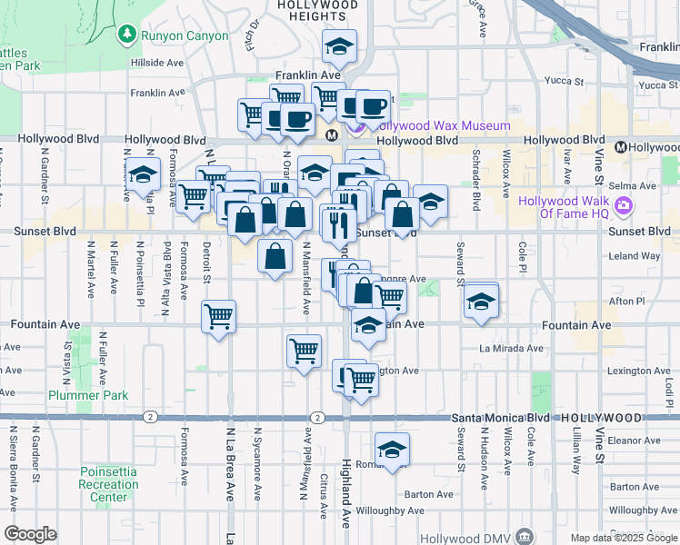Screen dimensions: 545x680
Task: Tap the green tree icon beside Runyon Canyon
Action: (x=127, y=35)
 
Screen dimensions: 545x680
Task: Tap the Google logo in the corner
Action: (x=30, y=534)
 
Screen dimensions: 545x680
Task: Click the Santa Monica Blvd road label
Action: (x=501, y=417)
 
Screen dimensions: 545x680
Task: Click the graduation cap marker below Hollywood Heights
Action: (x=340, y=48)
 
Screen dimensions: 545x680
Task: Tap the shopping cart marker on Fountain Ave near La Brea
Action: (x=219, y=318)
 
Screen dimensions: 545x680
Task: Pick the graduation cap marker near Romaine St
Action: (x=393, y=451)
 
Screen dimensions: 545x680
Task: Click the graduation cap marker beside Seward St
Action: (x=480, y=302)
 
